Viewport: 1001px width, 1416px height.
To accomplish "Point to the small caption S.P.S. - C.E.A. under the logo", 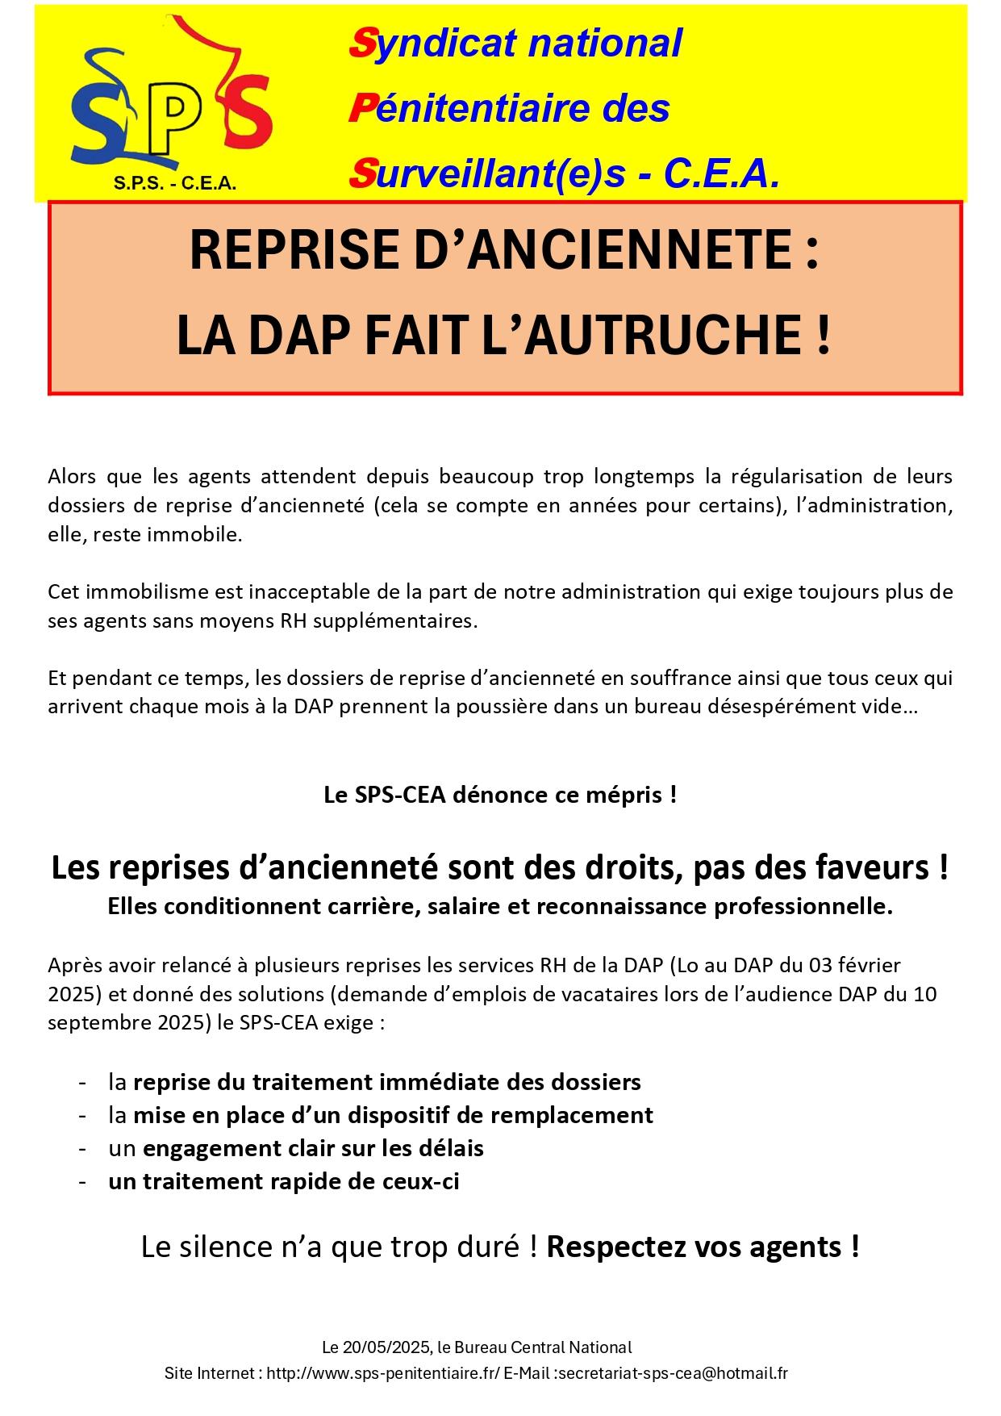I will [175, 184].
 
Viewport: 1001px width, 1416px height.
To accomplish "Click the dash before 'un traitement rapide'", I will [82, 1181].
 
